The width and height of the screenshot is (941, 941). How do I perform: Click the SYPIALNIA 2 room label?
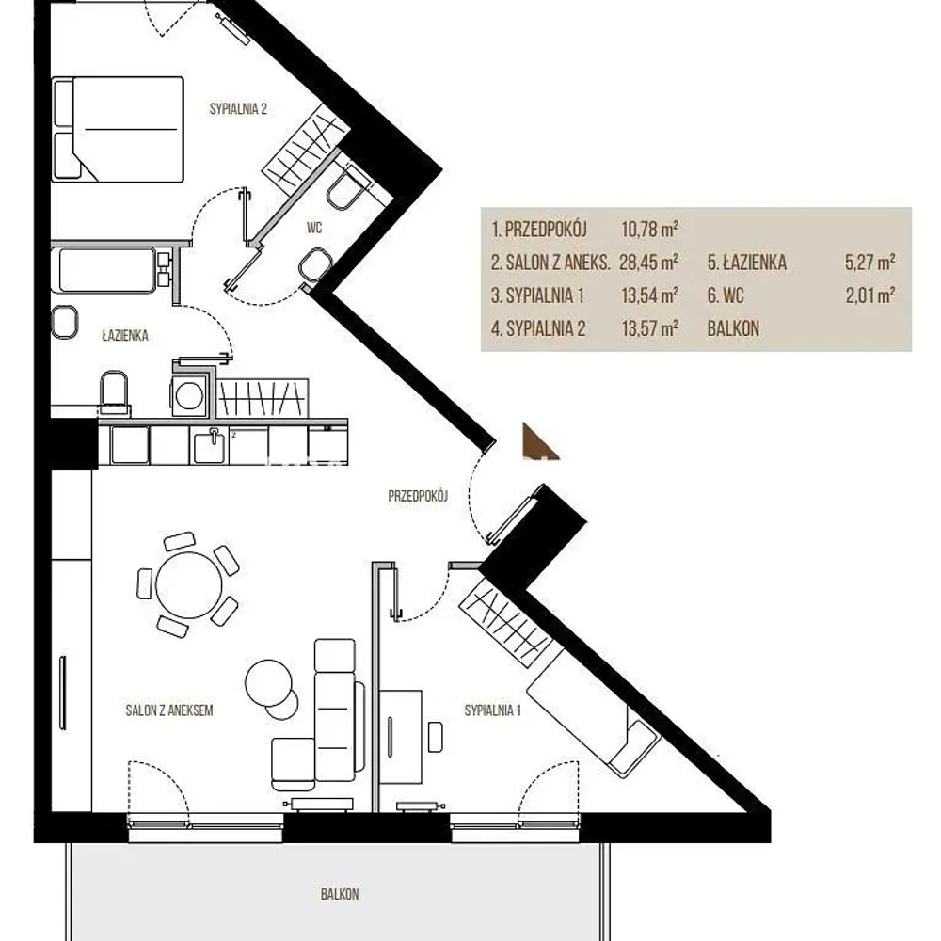(x=238, y=108)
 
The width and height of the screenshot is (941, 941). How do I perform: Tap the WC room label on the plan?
(x=314, y=228)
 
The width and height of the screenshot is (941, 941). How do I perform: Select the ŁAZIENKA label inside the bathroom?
(x=125, y=336)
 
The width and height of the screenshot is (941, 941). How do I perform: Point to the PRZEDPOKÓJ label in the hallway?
(x=418, y=496)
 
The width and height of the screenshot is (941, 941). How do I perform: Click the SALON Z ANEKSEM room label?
(x=169, y=710)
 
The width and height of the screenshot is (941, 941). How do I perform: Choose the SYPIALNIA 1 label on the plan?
(x=493, y=710)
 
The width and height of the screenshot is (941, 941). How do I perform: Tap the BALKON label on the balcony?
(x=340, y=894)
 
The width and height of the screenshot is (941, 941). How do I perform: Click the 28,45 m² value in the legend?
(x=648, y=263)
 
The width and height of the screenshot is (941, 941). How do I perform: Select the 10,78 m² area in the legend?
(x=650, y=230)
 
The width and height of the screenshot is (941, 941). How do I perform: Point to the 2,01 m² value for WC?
(x=870, y=295)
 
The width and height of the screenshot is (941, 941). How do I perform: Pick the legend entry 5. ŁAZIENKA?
(x=746, y=263)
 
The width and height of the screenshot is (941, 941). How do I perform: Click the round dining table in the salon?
(x=188, y=584)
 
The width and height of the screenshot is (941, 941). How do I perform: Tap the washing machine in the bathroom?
(x=189, y=395)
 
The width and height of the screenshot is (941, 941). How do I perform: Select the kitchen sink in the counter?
(x=209, y=447)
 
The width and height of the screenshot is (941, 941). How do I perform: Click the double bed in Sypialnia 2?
(x=118, y=129)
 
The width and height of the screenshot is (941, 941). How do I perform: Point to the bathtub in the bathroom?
(x=107, y=271)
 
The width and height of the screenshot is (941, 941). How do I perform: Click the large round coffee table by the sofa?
(x=269, y=683)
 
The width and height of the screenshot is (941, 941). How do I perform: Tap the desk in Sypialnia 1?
(x=400, y=737)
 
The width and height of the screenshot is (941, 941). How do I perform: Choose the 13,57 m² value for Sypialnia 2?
(x=650, y=328)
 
